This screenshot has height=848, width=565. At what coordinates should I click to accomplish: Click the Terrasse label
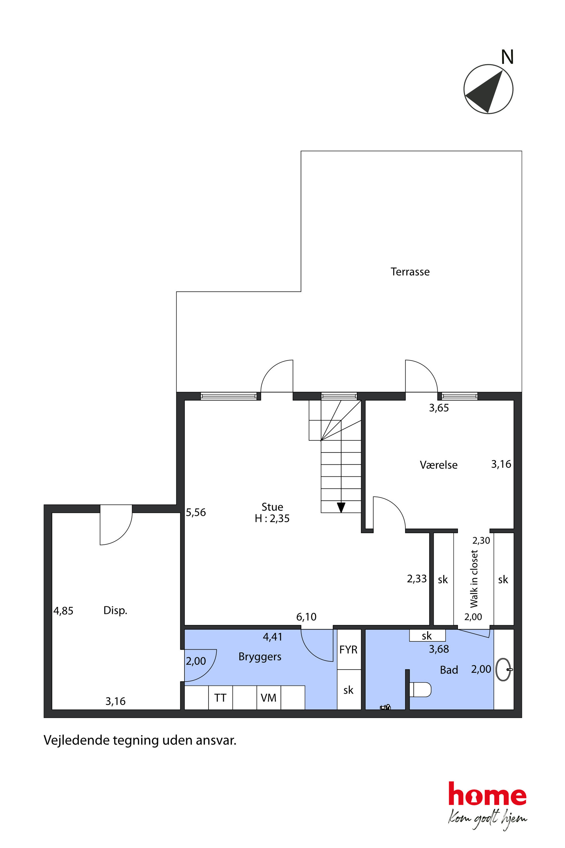pos(410,272)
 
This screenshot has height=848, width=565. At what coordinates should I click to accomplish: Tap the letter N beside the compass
pos(507,57)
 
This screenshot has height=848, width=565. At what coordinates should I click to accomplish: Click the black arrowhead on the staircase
pos(341,507)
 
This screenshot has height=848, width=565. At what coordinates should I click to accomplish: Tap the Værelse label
pos(439,465)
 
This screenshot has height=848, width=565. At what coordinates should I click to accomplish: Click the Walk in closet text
pos(474,578)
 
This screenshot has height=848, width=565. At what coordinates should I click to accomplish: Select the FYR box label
pos(349,650)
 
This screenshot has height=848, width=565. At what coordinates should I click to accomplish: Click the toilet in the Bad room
pos(420,689)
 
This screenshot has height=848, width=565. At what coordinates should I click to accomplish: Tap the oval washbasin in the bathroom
pos(503,670)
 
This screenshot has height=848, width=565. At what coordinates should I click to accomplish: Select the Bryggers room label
pos(260,657)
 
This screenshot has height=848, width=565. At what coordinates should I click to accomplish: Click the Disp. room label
pos(115,610)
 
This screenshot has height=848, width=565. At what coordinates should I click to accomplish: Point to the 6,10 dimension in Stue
pos(306,617)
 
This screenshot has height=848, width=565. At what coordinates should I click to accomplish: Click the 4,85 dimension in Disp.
pos(64,611)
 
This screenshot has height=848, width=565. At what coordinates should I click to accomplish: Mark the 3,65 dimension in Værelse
pos(439,408)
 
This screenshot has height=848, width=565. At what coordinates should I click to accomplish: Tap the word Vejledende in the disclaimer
pos(77,741)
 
